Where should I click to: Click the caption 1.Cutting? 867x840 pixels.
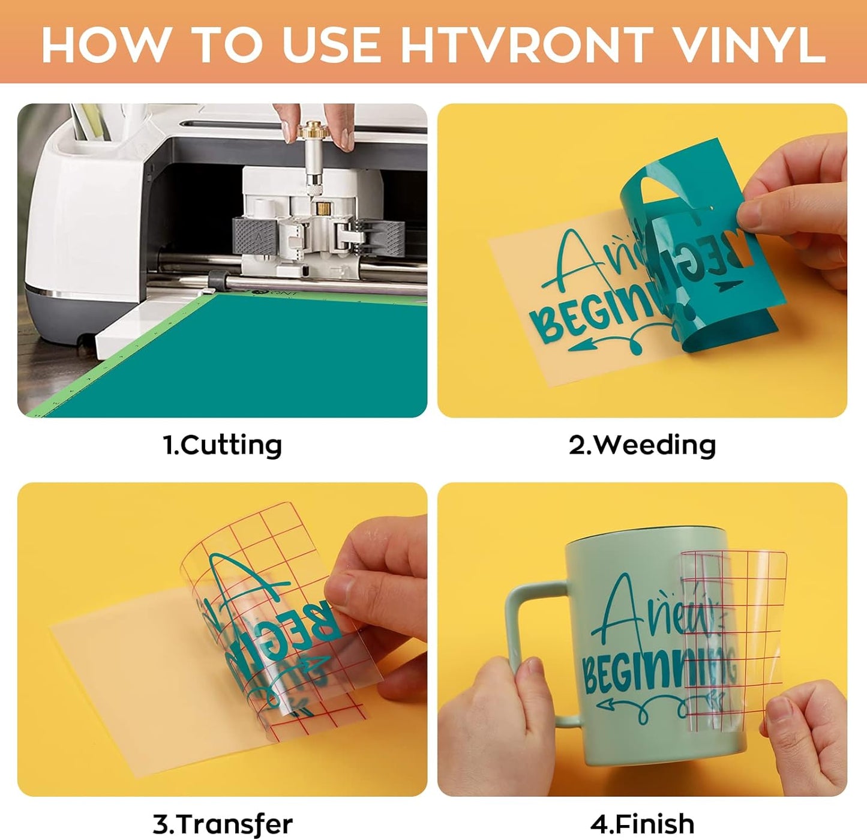click(x=222, y=445)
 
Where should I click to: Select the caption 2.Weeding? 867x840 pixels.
click(x=642, y=445)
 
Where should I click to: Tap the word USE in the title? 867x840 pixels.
click(x=331, y=45)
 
